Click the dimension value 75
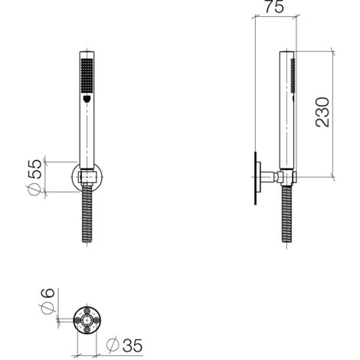click(274, 7)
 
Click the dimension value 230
click(322, 112)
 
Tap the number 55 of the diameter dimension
click(34, 169)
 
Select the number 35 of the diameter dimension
click(133, 345)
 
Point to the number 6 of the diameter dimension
click(48, 293)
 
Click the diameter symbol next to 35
click(113, 345)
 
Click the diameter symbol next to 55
click(34, 190)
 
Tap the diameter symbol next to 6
click(48, 308)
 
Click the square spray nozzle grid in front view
click(87, 76)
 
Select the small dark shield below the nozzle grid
click(87, 99)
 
